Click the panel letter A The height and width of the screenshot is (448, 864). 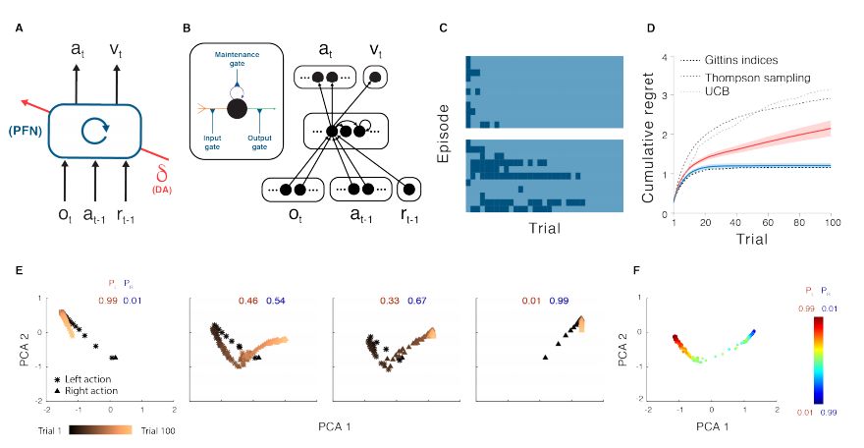pos(19,28)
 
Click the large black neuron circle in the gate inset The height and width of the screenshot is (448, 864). pos(236,108)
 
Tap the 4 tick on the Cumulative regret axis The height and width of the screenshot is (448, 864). pos(664,58)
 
